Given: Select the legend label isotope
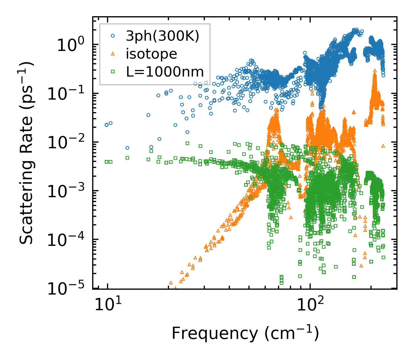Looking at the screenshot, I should [x=151, y=54].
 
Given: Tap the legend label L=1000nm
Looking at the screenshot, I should [x=165, y=72].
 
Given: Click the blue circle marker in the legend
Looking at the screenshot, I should [x=113, y=36].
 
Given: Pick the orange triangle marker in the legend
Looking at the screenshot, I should [x=113, y=54].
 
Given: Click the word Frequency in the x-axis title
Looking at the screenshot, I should [x=214, y=334].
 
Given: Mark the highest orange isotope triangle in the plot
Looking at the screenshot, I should [x=375, y=70].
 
